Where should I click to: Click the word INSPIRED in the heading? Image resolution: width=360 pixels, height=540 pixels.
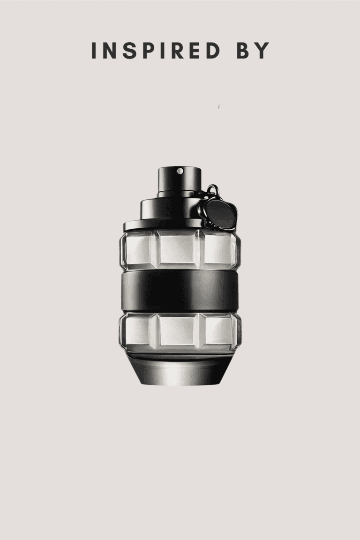tap(156, 51)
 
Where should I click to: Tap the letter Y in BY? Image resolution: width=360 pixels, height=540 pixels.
tap(262, 51)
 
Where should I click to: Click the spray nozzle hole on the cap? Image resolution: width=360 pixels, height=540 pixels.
tap(180, 171)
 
